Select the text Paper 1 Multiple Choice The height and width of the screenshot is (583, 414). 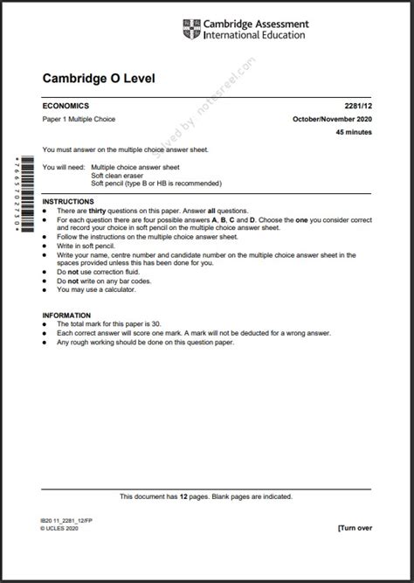click(x=79, y=119)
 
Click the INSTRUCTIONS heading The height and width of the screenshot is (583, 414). click(x=70, y=202)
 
